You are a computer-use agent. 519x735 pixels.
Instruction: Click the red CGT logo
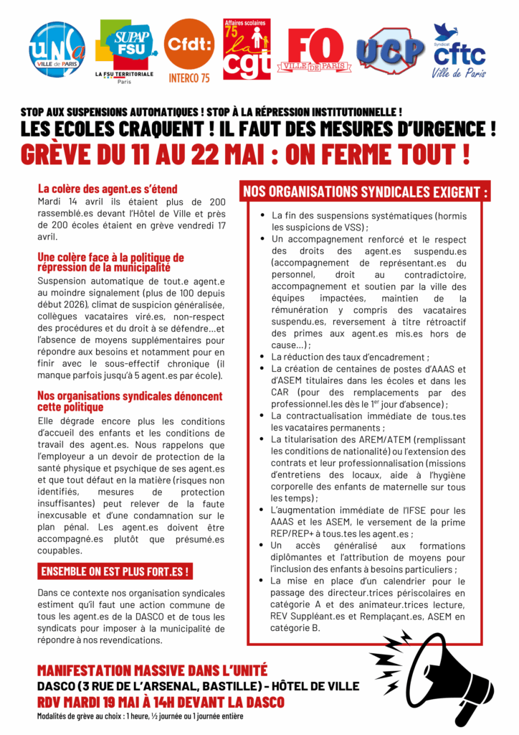point(247,49)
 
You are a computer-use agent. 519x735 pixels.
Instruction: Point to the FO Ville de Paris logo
point(319,50)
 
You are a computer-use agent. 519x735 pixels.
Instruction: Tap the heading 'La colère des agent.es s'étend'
point(107,189)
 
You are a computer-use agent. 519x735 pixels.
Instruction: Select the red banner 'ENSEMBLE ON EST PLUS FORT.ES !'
point(115,572)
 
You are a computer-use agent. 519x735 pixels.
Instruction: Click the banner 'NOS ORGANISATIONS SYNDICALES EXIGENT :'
point(366,192)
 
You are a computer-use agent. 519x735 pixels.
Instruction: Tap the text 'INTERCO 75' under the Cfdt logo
point(189,78)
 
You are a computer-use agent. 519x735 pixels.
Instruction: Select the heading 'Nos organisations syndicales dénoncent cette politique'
point(130,401)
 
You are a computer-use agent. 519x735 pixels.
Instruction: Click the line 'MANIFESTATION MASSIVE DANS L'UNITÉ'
point(152,671)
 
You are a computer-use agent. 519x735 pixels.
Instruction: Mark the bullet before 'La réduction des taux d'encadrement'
point(262,357)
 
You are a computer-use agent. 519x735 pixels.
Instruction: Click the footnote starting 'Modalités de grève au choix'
point(140,716)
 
